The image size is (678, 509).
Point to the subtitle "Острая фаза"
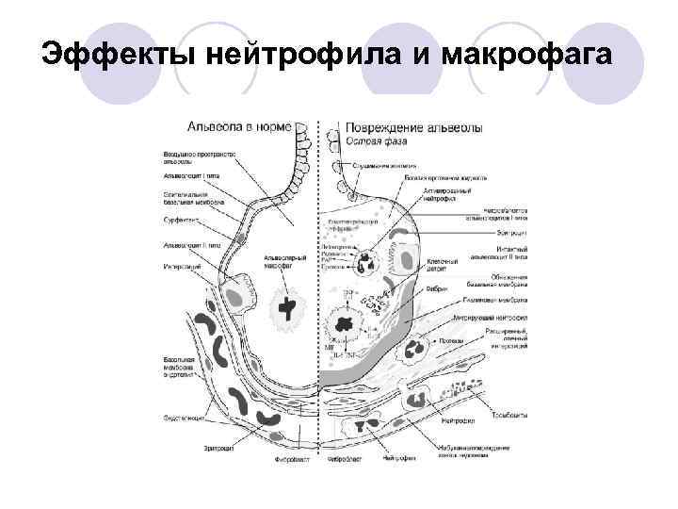click(x=377, y=140)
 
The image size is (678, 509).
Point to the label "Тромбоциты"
click(x=509, y=414)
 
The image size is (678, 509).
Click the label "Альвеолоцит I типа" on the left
click(x=188, y=174)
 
